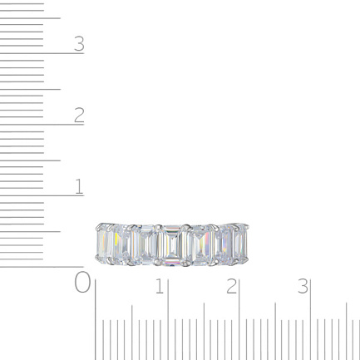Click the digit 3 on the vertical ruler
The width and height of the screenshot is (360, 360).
(x=79, y=44)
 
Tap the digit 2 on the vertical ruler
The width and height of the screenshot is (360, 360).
(x=79, y=115)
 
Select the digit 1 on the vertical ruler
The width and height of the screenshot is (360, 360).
(x=79, y=186)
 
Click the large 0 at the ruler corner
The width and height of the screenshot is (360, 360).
(x=82, y=282)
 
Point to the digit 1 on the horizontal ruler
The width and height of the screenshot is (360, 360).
(x=160, y=286)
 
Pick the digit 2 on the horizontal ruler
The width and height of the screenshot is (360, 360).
(x=232, y=286)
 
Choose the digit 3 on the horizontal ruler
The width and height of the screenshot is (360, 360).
(x=303, y=286)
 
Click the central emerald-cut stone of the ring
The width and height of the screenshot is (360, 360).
(x=172, y=245)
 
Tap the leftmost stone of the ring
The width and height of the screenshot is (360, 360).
(x=105, y=243)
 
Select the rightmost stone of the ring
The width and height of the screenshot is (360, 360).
(x=240, y=243)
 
